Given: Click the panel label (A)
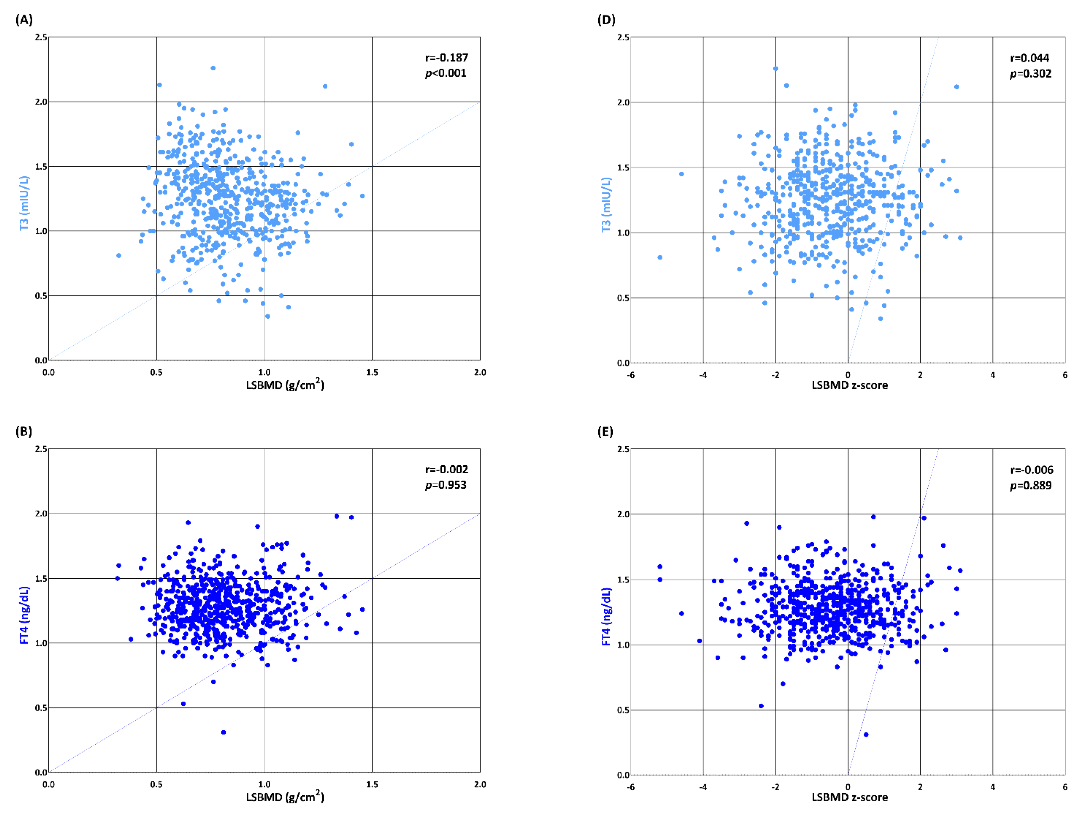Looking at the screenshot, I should (24, 20).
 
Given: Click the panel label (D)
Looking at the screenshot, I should (606, 20).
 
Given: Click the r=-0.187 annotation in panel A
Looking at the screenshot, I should (446, 58).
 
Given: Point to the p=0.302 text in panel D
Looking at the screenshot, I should (1031, 73).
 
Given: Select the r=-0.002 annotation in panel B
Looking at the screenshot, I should (446, 470).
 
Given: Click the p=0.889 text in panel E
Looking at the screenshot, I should (1031, 485).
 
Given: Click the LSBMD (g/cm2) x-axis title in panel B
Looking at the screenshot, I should (285, 797).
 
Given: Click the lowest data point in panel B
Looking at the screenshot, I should (224, 732).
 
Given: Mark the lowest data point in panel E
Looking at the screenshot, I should (866, 734).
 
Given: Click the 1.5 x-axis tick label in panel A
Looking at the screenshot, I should (372, 372).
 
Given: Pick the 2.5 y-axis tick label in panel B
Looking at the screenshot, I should (41, 448).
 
